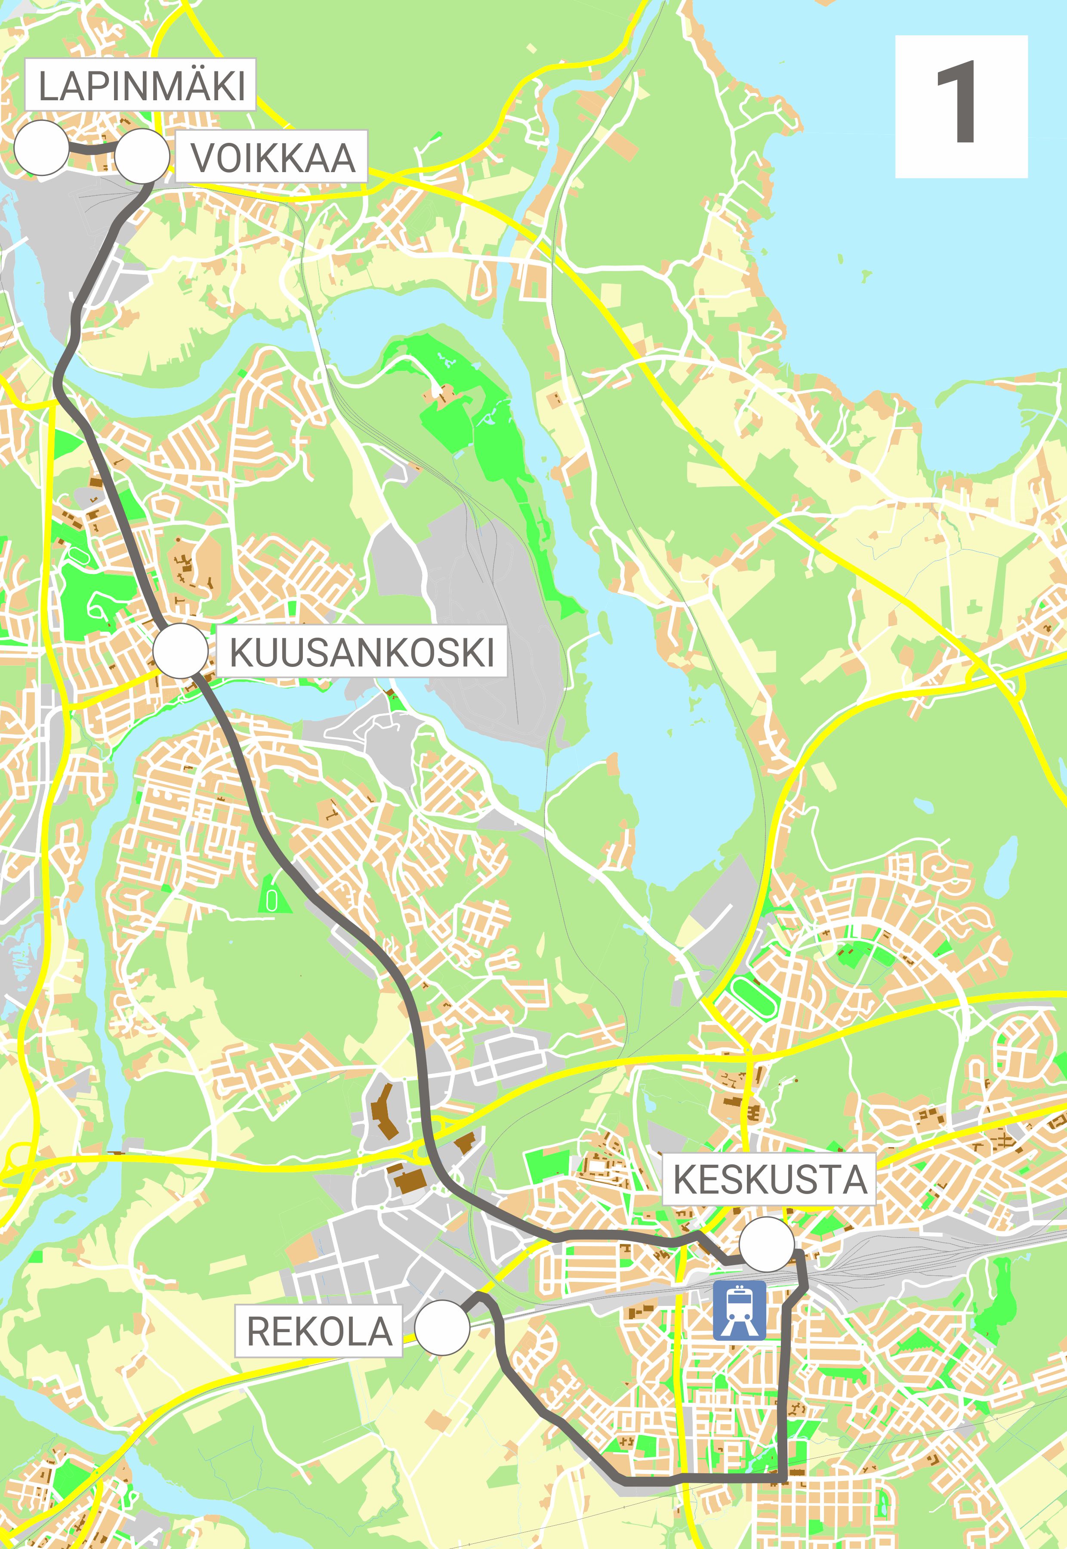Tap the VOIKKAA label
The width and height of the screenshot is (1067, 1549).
pos(271,157)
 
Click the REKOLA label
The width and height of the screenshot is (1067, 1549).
pos(319,1330)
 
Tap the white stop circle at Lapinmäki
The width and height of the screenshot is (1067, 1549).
pos(41,148)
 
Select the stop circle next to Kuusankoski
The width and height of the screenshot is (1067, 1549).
pos(181,651)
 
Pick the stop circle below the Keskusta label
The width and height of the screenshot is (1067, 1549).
pos(767,1244)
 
